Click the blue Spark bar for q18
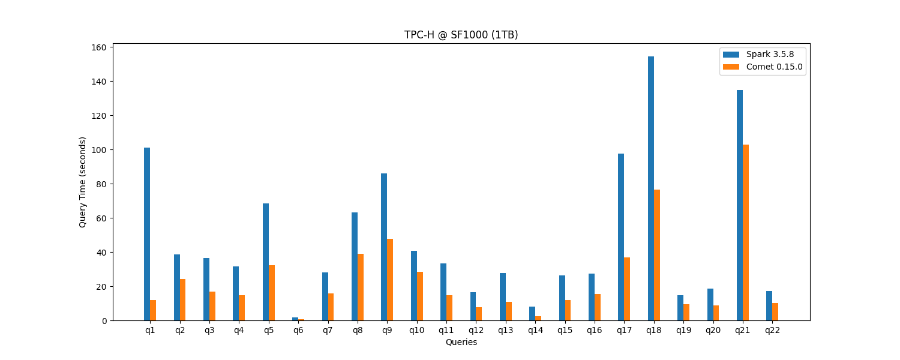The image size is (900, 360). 651,188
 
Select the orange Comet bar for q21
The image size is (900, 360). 746,233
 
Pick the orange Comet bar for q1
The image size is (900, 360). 153,310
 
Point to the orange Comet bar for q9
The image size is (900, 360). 390,280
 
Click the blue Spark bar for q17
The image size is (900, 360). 621,237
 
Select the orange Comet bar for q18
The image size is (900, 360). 657,255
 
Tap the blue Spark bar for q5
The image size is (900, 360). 266,262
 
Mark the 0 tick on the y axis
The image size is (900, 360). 104,321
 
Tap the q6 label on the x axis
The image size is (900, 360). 298,330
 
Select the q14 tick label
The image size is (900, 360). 535,330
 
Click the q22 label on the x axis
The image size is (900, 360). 772,330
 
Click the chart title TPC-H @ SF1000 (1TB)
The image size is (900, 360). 461,35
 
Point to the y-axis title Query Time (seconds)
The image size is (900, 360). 83,182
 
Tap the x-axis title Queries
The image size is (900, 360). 461,342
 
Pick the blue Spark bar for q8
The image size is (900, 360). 355,266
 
